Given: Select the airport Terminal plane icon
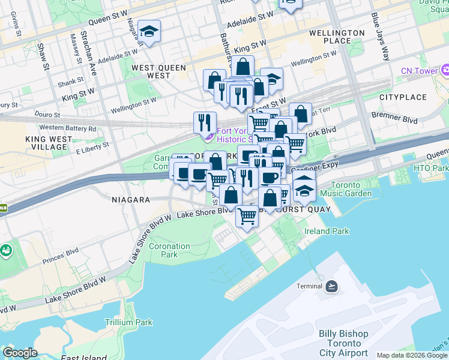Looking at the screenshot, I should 331,286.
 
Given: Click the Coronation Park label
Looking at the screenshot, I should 169,250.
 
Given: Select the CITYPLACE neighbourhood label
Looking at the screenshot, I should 403,97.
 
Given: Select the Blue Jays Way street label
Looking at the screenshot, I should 380,36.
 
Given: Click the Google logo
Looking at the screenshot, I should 20,353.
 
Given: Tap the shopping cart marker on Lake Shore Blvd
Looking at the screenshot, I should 247,215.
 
